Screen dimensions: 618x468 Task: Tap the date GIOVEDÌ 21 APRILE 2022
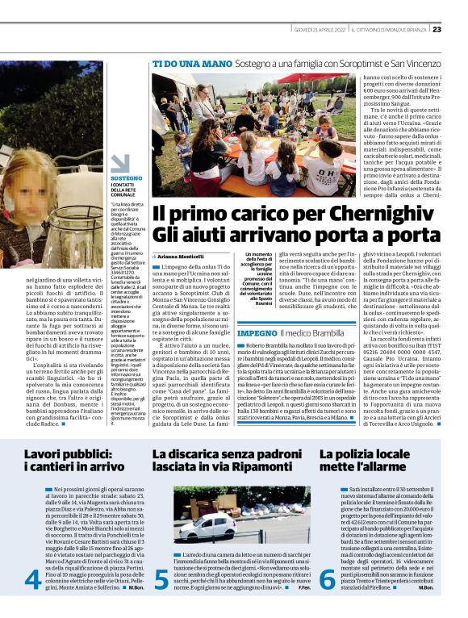(x=320, y=30)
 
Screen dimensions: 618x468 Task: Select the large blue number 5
(x=161, y=580)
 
